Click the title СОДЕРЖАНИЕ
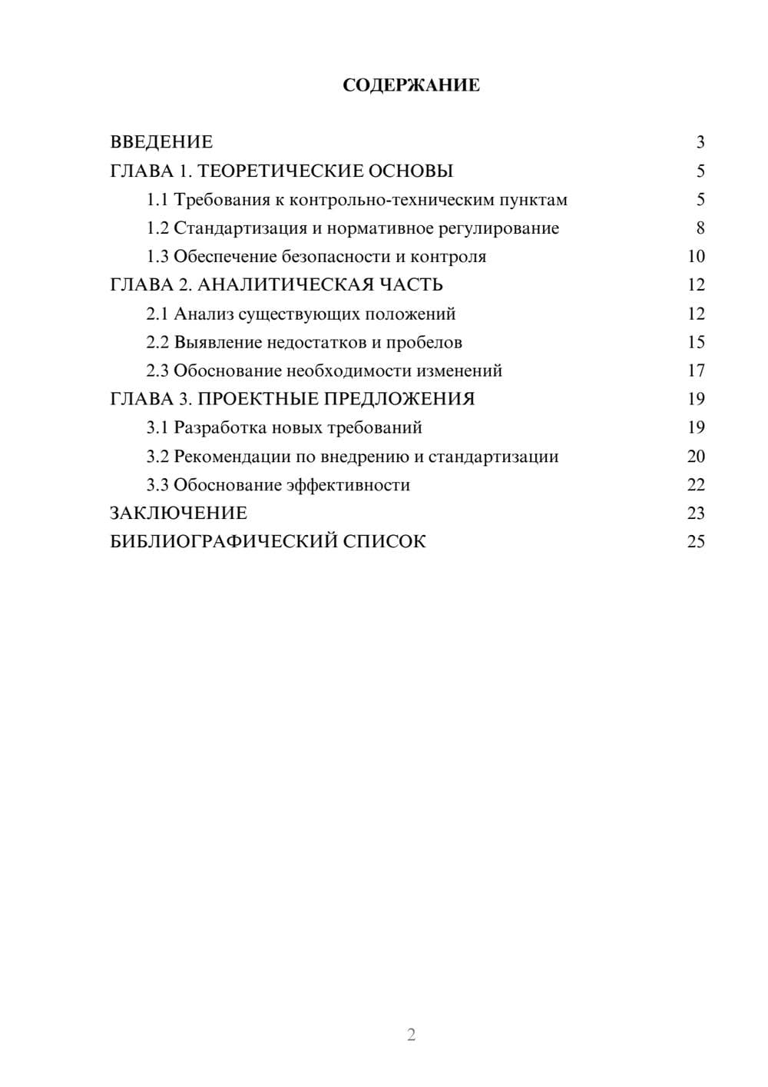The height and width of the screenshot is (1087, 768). (x=411, y=85)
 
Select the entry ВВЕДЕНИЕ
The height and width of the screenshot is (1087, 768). (x=161, y=142)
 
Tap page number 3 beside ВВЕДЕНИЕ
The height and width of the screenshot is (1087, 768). (x=700, y=142)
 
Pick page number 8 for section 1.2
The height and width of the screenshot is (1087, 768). (x=700, y=228)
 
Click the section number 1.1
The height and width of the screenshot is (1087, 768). (x=157, y=200)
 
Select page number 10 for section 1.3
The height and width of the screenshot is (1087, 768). (x=696, y=257)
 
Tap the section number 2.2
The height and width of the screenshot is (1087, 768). (x=157, y=342)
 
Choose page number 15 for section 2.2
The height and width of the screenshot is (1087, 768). (x=696, y=342)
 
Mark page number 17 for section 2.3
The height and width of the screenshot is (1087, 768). (x=696, y=371)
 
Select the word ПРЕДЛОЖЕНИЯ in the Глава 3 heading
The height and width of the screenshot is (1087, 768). (x=399, y=399)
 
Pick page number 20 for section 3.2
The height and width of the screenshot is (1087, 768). (x=696, y=457)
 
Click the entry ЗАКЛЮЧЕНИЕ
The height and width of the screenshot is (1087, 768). (x=179, y=514)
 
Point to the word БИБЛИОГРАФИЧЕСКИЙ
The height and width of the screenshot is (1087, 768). (x=223, y=542)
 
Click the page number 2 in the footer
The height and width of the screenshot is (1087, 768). (x=411, y=1035)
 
